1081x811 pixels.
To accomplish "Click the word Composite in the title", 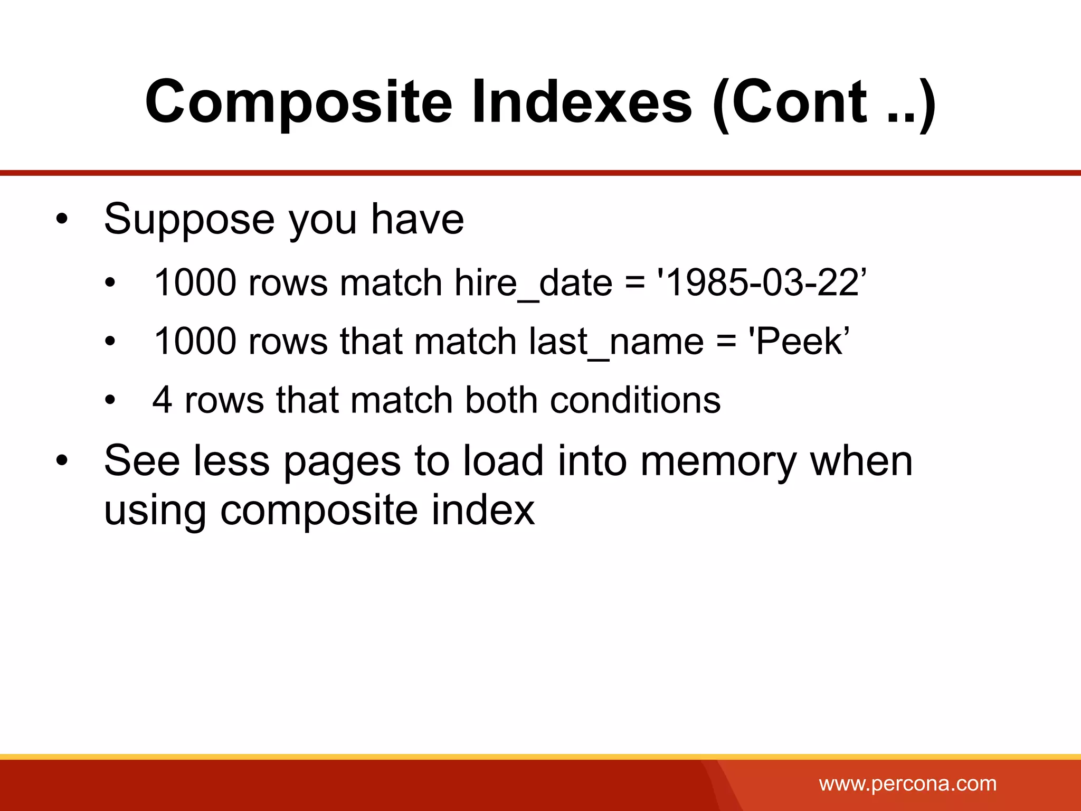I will click(x=298, y=102).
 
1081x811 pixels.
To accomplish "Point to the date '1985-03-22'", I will click(x=761, y=282).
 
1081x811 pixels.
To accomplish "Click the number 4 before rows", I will click(x=163, y=400).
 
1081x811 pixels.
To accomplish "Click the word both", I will click(x=501, y=400).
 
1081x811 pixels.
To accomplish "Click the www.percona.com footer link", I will click(x=907, y=784).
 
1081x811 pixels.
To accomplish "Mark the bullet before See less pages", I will click(x=62, y=460).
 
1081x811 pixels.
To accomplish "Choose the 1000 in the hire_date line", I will click(x=195, y=282).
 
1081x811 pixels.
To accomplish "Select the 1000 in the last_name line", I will click(x=195, y=341).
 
